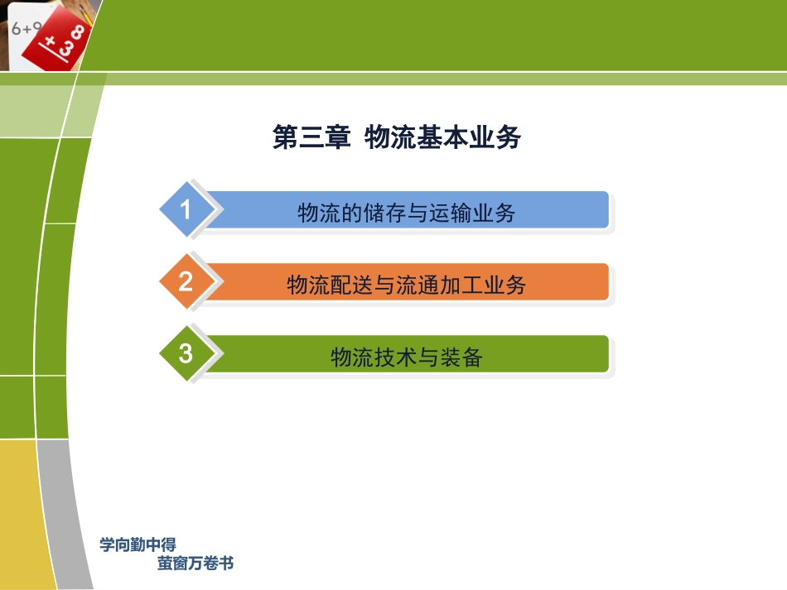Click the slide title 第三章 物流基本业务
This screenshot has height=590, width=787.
pyautogui.click(x=396, y=137)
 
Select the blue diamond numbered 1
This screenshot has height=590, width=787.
pyautogui.click(x=186, y=209)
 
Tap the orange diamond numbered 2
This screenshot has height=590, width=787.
pyautogui.click(x=186, y=282)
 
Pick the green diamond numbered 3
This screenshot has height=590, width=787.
pyautogui.click(x=186, y=354)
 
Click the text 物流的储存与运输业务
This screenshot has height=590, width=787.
pyautogui.click(x=406, y=213)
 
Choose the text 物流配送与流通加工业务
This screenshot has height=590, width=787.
pyautogui.click(x=406, y=285)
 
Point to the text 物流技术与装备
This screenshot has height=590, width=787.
pyautogui.click(x=406, y=357)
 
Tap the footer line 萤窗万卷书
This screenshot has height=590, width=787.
pyautogui.click(x=196, y=564)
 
